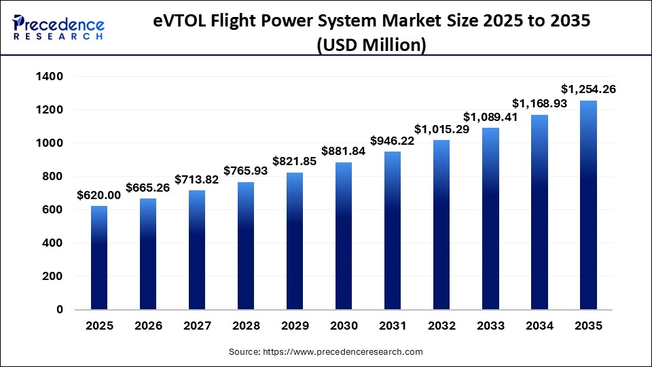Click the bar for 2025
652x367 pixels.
click(x=98, y=258)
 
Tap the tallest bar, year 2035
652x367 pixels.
click(x=588, y=205)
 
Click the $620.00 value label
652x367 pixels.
click(x=98, y=194)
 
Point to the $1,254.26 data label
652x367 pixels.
click(x=588, y=89)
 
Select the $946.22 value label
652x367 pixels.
click(x=393, y=141)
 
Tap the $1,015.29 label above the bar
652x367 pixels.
click(x=442, y=129)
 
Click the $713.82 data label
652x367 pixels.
click(x=197, y=179)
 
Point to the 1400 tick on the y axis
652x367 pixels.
click(x=48, y=77)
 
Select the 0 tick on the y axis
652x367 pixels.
click(x=59, y=310)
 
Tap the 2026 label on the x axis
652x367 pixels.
click(x=149, y=326)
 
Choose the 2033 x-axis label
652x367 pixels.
click(x=490, y=326)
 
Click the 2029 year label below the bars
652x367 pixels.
click(x=295, y=326)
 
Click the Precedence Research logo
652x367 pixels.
click(x=58, y=28)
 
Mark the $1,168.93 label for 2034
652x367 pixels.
click(x=539, y=103)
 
